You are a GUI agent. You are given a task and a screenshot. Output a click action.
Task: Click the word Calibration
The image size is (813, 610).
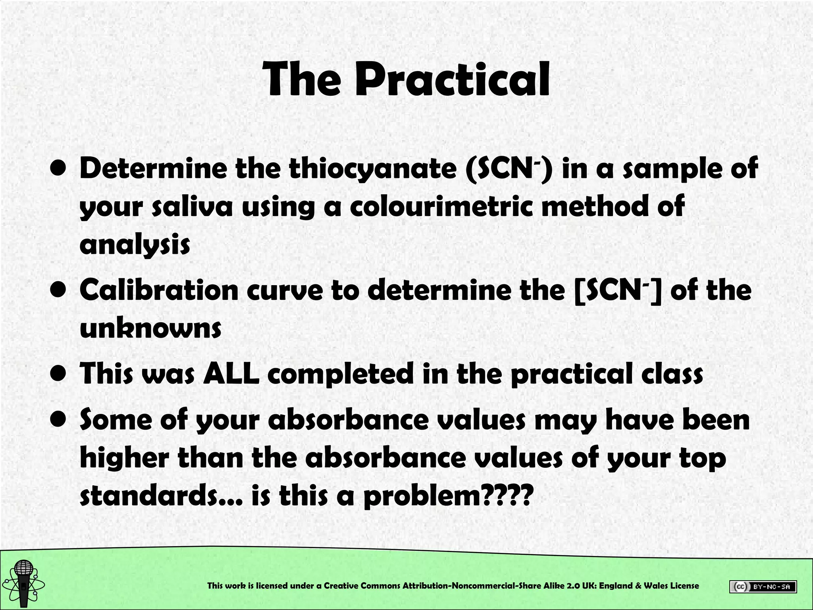pos(159,290)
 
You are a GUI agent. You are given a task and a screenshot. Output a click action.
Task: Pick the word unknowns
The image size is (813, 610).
pos(150,328)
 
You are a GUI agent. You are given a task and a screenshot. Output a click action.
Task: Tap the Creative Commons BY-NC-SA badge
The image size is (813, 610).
pos(763,587)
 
